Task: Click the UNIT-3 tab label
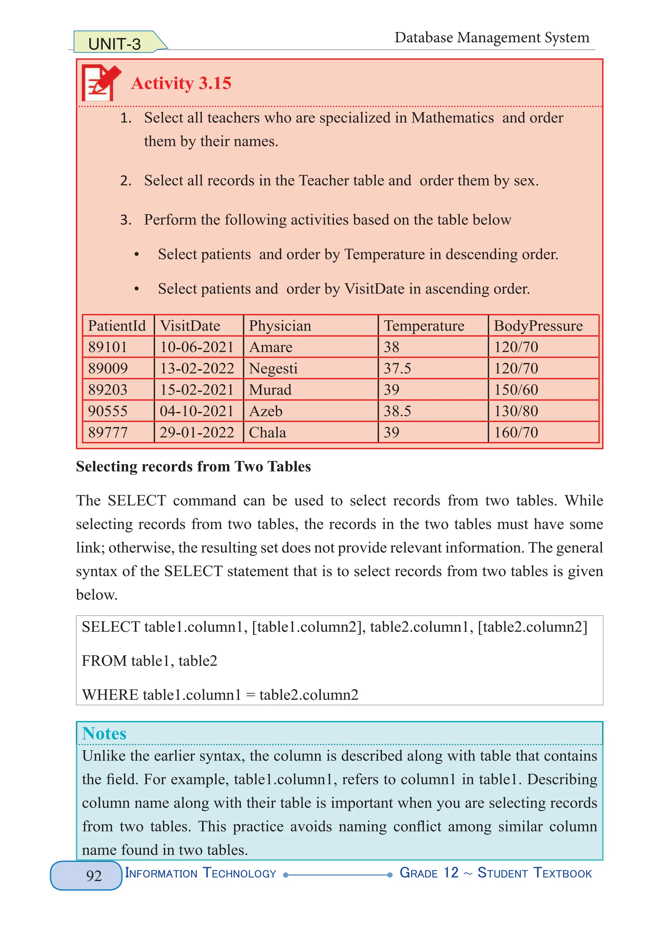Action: pyautogui.click(x=114, y=44)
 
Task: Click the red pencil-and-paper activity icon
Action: pyautogui.click(x=100, y=83)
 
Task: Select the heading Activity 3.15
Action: pyautogui.click(x=181, y=84)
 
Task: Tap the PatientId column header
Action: pyautogui.click(x=117, y=326)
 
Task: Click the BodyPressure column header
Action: pyautogui.click(x=538, y=326)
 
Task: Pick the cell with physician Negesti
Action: pyautogui.click(x=273, y=368)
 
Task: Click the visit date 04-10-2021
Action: pyautogui.click(x=197, y=411)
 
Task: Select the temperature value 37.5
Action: pyautogui.click(x=397, y=368)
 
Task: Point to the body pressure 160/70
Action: pyautogui.click(x=516, y=432)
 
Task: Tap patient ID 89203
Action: pyautogui.click(x=108, y=390)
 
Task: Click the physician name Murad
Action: pyautogui.click(x=270, y=390)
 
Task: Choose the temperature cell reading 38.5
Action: pyautogui.click(x=397, y=411)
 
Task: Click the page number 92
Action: pyautogui.click(x=94, y=875)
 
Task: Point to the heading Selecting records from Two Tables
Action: pyautogui.click(x=193, y=466)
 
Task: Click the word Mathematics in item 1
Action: pyautogui.click(x=452, y=118)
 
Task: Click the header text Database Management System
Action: pyautogui.click(x=492, y=38)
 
